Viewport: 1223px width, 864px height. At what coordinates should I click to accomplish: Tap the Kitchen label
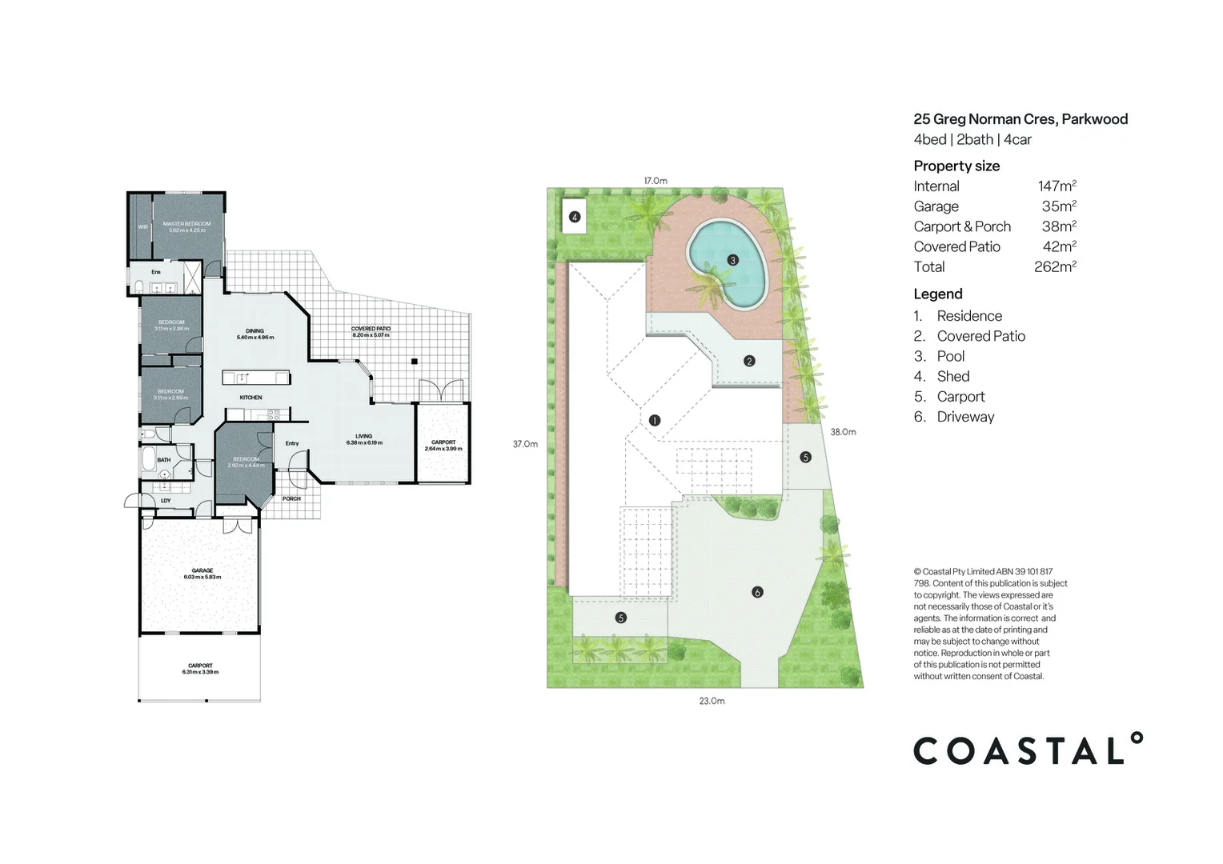251,398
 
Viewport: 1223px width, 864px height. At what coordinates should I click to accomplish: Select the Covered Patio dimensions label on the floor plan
371,332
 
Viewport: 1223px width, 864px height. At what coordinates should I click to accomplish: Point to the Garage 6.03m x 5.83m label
202,574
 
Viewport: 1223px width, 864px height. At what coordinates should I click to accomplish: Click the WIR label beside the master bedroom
142,227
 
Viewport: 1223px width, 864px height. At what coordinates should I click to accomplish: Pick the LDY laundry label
166,501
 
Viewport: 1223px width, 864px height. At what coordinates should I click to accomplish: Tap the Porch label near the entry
291,498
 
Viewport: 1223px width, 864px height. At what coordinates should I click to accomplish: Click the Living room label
363,439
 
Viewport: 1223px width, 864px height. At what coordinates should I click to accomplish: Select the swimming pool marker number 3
732,260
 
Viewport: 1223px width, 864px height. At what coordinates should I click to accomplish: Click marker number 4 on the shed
574,217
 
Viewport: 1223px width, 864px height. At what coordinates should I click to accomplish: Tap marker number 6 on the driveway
757,592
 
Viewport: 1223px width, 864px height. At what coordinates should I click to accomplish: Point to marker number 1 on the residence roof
655,420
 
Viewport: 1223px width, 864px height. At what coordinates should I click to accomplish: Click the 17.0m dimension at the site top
655,181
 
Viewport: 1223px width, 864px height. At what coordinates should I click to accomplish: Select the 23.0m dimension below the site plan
712,701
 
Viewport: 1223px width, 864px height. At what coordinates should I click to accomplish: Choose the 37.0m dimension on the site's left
525,444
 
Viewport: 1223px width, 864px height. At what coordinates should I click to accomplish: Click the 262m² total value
1055,267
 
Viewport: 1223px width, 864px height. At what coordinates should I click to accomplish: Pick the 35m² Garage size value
1059,206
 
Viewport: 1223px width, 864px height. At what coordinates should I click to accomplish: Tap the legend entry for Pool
950,357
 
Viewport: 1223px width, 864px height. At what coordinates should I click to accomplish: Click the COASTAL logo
1028,750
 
